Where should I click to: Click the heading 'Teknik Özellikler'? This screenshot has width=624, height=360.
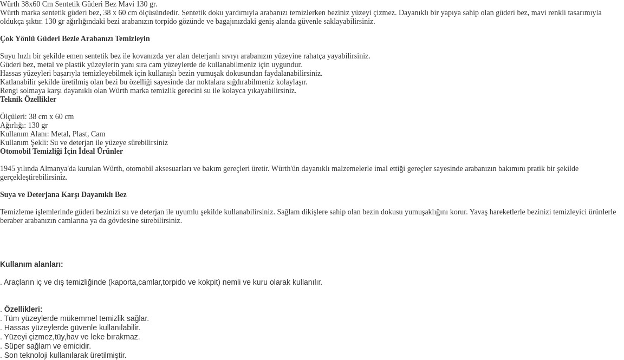[28, 100]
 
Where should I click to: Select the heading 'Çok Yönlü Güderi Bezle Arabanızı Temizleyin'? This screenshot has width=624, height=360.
[75, 39]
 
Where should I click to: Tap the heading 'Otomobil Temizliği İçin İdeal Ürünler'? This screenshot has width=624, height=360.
[61, 152]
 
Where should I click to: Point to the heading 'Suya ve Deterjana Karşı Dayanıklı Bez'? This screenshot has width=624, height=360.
[63, 195]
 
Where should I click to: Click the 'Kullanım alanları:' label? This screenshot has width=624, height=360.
[31, 264]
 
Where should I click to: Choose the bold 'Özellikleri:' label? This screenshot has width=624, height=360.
[23, 309]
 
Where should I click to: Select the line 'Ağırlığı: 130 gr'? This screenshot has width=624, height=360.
[24, 126]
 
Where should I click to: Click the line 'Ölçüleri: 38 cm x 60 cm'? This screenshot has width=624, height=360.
[37, 117]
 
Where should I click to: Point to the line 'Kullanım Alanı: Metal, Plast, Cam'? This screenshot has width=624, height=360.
[53, 134]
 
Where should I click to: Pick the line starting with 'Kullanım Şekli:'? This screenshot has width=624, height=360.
[84, 143]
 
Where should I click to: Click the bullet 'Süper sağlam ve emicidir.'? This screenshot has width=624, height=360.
[47, 346]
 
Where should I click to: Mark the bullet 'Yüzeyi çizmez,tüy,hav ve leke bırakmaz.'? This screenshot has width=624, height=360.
[71, 337]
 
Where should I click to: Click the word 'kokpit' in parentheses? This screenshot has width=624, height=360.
[209, 282]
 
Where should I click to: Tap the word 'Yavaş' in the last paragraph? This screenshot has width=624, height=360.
[478, 212]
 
